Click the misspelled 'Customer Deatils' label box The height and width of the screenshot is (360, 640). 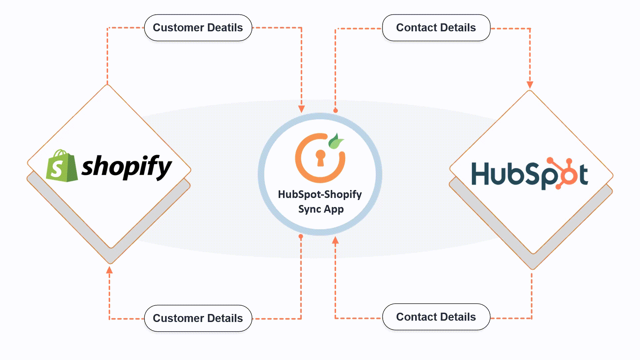[x=198, y=28]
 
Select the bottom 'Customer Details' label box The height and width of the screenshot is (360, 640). [x=198, y=318]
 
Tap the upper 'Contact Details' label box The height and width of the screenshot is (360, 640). [x=436, y=28]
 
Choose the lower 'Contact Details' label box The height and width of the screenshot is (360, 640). [x=436, y=317]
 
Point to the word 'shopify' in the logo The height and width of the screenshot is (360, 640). [x=127, y=167]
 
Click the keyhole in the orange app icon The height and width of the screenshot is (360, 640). [x=320, y=157]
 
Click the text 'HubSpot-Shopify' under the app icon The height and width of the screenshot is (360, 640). [x=320, y=194]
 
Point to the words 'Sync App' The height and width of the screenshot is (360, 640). [x=321, y=209]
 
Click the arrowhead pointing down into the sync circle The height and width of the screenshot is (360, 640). [x=301, y=109]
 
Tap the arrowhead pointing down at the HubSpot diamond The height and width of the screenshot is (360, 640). [x=530, y=85]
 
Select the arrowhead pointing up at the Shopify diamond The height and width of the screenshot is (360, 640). [x=109, y=270]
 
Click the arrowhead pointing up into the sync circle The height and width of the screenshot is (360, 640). [x=335, y=240]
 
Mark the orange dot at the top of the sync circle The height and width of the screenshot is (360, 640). [x=335, y=110]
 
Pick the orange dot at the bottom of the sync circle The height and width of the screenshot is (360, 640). [x=301, y=236]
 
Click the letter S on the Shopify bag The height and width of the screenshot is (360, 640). [x=57, y=169]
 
